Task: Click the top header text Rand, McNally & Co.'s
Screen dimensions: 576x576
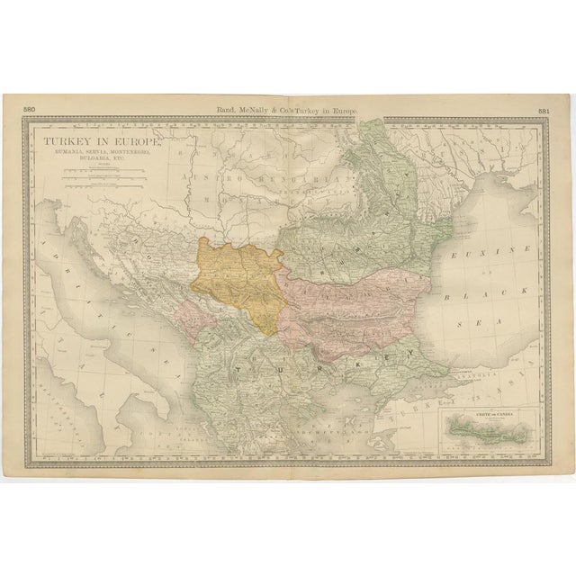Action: point(259,111)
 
